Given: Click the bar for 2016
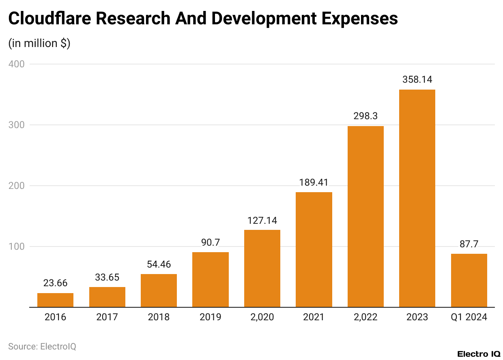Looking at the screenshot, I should click(x=55, y=300).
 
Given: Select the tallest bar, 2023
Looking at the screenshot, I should click(x=417, y=198).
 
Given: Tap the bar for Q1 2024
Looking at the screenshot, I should click(x=469, y=281).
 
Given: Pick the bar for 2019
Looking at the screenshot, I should click(x=210, y=280).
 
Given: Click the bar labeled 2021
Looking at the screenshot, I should click(x=314, y=249).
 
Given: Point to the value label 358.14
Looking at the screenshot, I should click(x=417, y=79).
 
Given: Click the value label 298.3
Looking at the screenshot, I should click(x=365, y=116).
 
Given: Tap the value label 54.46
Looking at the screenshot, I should click(x=159, y=264).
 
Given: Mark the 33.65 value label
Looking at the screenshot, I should click(x=107, y=277).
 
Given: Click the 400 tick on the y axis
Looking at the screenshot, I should click(x=16, y=64).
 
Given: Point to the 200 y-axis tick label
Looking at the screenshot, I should click(x=16, y=186).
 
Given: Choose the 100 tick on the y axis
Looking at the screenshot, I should click(x=16, y=246).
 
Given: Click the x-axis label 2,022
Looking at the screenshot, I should click(x=365, y=317).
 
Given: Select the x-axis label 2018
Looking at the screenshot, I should click(x=159, y=317).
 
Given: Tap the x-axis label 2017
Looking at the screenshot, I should click(x=107, y=317).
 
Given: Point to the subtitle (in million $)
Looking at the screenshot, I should click(x=39, y=43).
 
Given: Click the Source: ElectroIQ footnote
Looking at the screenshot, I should click(x=42, y=347).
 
